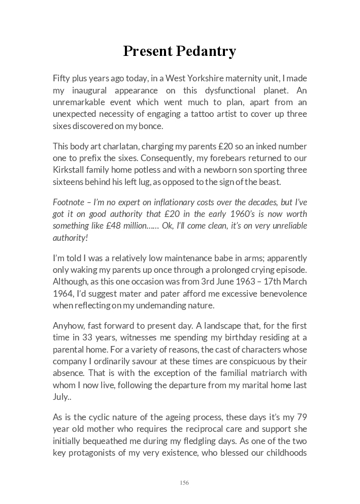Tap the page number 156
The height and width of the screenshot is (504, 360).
pos(184,483)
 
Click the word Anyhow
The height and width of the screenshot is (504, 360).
pos(67,326)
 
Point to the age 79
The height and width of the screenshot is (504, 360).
pos(302,417)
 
